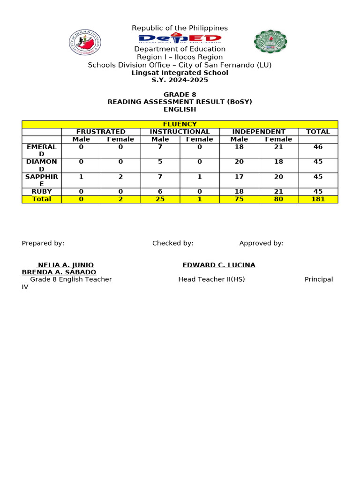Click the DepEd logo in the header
pyautogui.click(x=180, y=39)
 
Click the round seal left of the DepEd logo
pyautogui.click(x=85, y=42)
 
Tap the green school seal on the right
pyautogui.click(x=270, y=42)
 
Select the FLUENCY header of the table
pyautogui.click(x=180, y=124)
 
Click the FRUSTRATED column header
pyautogui.click(x=101, y=132)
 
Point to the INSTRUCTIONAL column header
pyautogui.click(x=180, y=132)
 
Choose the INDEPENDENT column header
pyautogui.click(x=259, y=132)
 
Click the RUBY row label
pyautogui.click(x=42, y=192)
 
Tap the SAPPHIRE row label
pyautogui.click(x=42, y=180)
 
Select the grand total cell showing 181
pyautogui.click(x=318, y=199)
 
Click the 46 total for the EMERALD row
pyautogui.click(x=318, y=147)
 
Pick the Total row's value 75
pyautogui.click(x=239, y=199)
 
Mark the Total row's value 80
pyautogui.click(x=278, y=199)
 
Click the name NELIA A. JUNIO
pyautogui.click(x=66, y=265)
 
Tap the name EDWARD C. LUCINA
pyautogui.click(x=219, y=265)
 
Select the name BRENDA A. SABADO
pyautogui.click(x=59, y=272)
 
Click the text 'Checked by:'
pyautogui.click(x=173, y=243)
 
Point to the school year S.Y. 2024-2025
pyautogui.click(x=180, y=80)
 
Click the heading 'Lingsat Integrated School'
pyautogui.click(x=180, y=73)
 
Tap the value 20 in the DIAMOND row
pyautogui.click(x=239, y=162)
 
